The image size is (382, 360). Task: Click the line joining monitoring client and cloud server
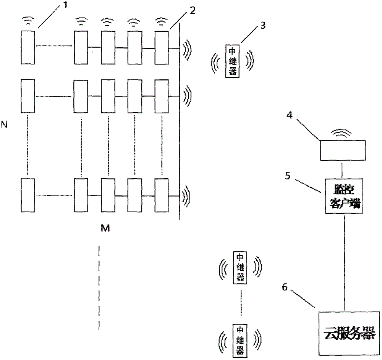pos(345,263)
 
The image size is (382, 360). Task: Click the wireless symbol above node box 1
pos(28,21)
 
